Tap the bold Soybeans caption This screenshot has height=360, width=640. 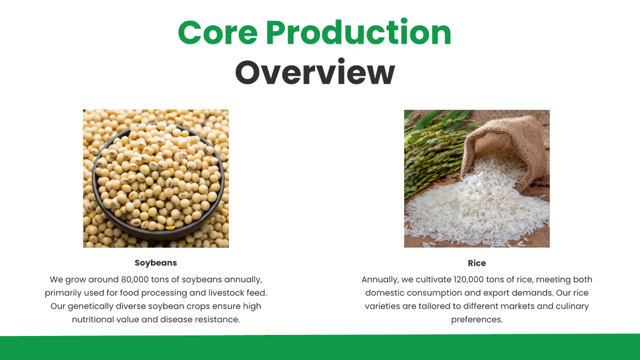tap(156, 263)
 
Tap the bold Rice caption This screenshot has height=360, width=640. tap(477, 263)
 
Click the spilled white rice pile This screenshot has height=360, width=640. tap(469, 208)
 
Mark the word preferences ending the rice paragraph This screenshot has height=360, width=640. tap(477, 319)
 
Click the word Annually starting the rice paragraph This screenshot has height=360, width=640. tap(380, 279)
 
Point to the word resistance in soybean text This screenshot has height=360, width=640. tap(220, 319)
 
